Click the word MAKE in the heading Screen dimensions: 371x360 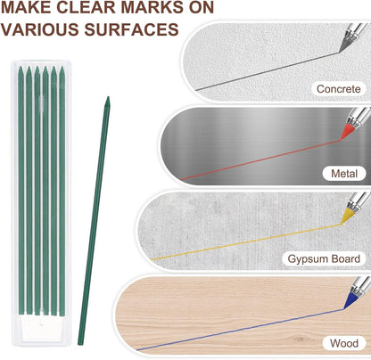click(x=26, y=7)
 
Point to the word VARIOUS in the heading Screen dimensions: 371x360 click(x=40, y=29)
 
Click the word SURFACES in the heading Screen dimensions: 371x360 click(x=132, y=29)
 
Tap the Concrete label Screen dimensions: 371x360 click(x=338, y=88)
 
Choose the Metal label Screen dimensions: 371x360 click(x=344, y=174)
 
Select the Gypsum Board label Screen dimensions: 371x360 click(x=324, y=258)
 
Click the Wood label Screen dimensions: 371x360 click(x=344, y=343)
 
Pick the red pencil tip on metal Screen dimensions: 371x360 click(x=347, y=132)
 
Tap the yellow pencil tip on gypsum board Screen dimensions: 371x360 click(x=347, y=216)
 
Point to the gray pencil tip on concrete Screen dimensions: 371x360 click(x=345, y=45)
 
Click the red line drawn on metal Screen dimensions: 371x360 click(x=261, y=160)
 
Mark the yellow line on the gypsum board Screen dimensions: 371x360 click(x=246, y=242)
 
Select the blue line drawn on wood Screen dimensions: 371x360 click(x=240, y=330)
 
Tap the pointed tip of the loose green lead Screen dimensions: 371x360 click(x=108, y=97)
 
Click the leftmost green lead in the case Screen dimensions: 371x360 click(x=21, y=190)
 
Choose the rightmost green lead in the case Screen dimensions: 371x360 click(x=62, y=190)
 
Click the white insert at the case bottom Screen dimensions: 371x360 click(x=42, y=328)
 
